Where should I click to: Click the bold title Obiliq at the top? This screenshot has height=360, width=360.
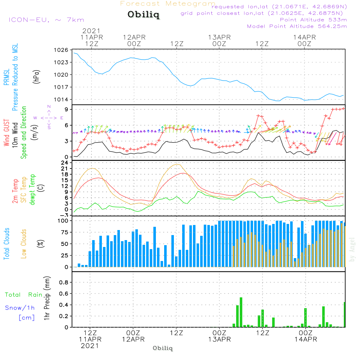pyautogui.click(x=143, y=15)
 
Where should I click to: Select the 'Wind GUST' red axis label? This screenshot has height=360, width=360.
pyautogui.click(x=6, y=133)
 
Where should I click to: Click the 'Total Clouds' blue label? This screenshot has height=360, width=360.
pyautogui.click(x=6, y=244)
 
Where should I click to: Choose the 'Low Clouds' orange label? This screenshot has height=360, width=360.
pyautogui.click(x=24, y=244)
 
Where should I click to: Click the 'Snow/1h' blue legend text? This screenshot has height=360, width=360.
pyautogui.click(x=20, y=308)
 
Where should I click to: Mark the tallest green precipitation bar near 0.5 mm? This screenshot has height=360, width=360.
pyautogui.click(x=241, y=312)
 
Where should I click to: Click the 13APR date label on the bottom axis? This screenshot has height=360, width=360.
pyautogui.click(x=220, y=339)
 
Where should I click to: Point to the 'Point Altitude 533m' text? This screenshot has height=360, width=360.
pyautogui.click(x=313, y=20)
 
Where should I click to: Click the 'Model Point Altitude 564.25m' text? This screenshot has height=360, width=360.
pyautogui.click(x=297, y=26)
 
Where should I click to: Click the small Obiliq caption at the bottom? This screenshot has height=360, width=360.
pyautogui.click(x=163, y=348)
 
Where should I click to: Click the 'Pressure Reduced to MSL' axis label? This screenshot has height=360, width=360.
pyautogui.click(x=15, y=77)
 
